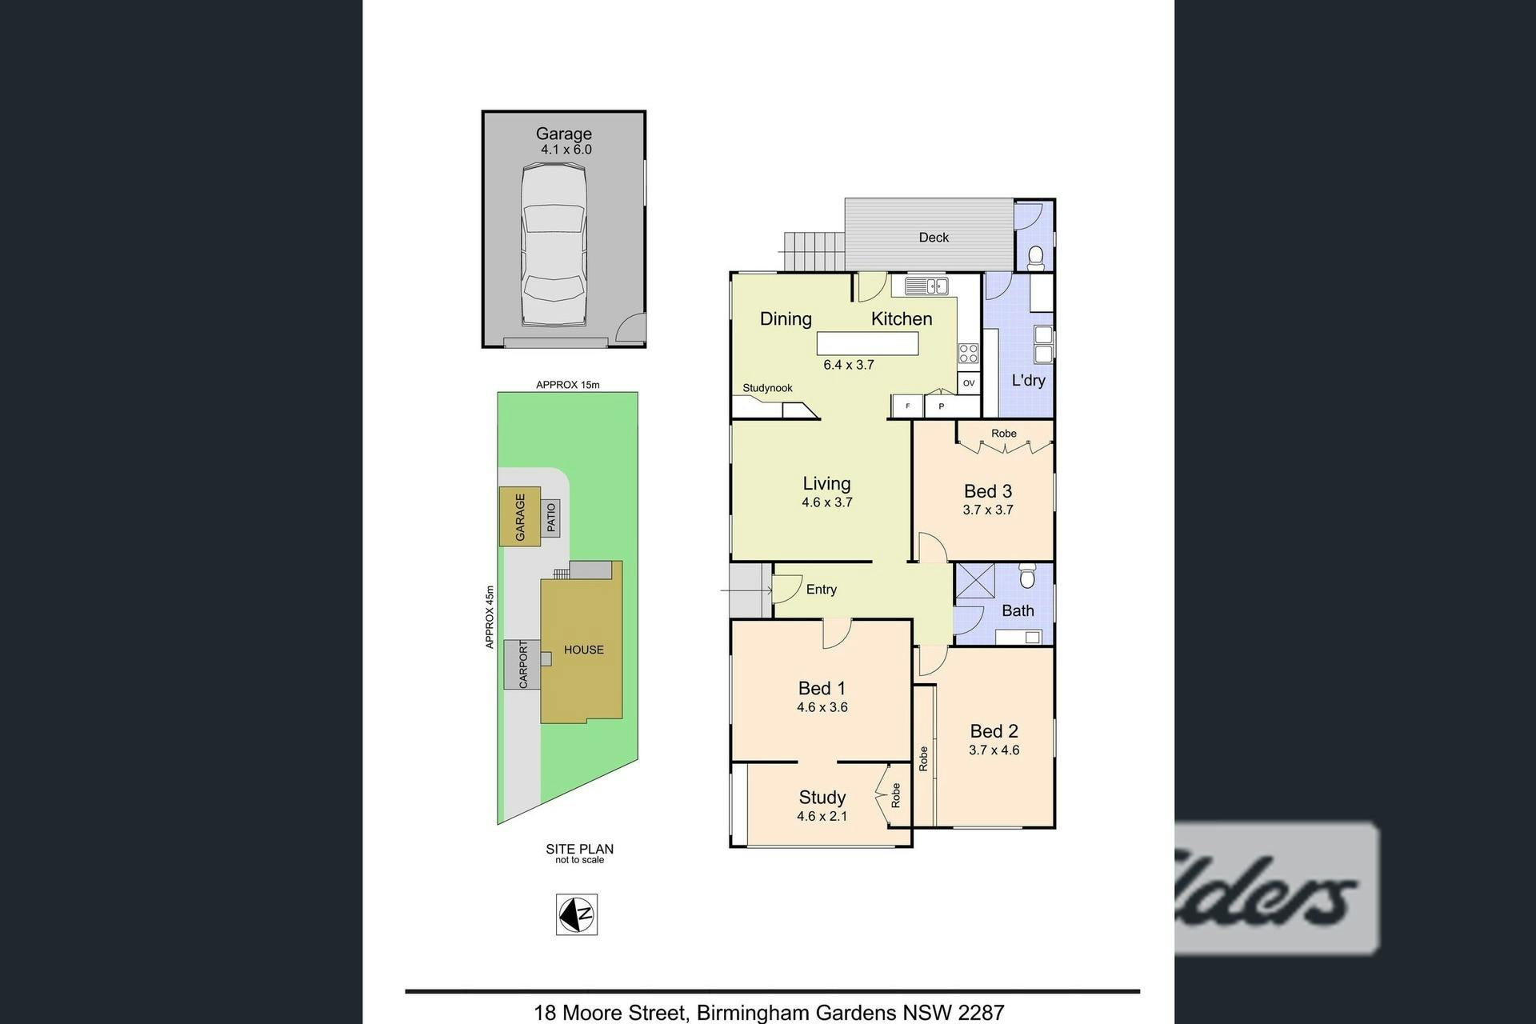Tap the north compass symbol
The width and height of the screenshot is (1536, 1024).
pyautogui.click(x=577, y=914)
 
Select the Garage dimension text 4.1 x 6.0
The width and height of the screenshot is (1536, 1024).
pyautogui.click(x=566, y=150)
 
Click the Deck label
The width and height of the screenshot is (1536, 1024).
pyautogui.click(x=934, y=238)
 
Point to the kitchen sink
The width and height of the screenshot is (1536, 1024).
pyautogui.click(x=926, y=285)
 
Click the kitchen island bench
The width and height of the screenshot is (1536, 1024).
pyautogui.click(x=867, y=344)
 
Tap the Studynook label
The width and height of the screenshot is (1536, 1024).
pyautogui.click(x=767, y=388)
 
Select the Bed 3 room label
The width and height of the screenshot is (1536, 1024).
pyautogui.click(x=988, y=491)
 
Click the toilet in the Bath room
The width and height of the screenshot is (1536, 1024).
pyautogui.click(x=1027, y=575)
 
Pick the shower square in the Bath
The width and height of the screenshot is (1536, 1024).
pyautogui.click(x=975, y=582)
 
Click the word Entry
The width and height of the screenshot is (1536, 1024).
pyautogui.click(x=822, y=590)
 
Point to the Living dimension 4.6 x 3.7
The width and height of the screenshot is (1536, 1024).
pyautogui.click(x=827, y=502)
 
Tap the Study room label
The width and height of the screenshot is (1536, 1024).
pyautogui.click(x=822, y=798)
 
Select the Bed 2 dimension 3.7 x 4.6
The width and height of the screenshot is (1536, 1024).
pyautogui.click(x=994, y=750)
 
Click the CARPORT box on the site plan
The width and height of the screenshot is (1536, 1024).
pyautogui.click(x=522, y=664)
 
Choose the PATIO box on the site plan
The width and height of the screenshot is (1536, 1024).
pyautogui.click(x=550, y=518)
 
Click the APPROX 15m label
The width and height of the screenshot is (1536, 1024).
pyautogui.click(x=568, y=385)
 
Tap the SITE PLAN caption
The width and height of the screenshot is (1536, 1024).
pyautogui.click(x=580, y=849)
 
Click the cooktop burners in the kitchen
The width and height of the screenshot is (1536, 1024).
pyautogui.click(x=968, y=353)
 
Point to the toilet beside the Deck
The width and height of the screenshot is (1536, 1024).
pyautogui.click(x=1035, y=256)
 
